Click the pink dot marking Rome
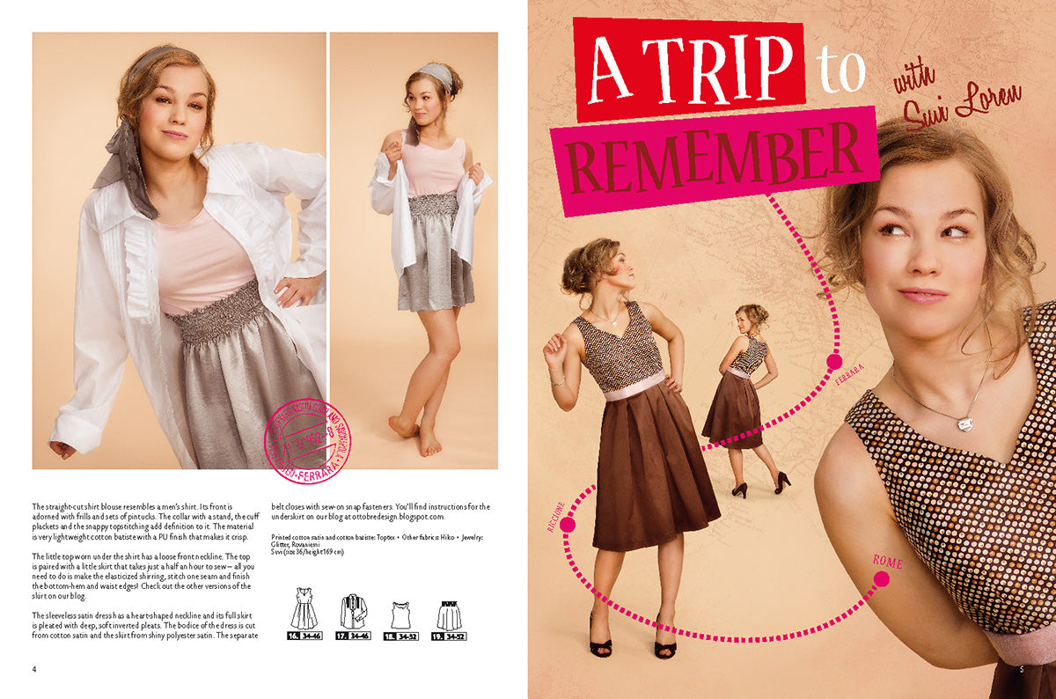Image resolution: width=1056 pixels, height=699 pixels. click(881, 578)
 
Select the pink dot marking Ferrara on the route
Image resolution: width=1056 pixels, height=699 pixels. click(833, 360)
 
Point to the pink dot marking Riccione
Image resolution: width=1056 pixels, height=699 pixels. click(568, 525)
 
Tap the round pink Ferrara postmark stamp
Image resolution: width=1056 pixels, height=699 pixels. click(307, 440)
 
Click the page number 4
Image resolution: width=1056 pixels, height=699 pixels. click(34, 669)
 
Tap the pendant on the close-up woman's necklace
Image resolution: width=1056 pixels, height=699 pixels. click(965, 423)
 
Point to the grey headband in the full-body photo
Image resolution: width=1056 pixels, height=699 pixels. click(437, 77)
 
